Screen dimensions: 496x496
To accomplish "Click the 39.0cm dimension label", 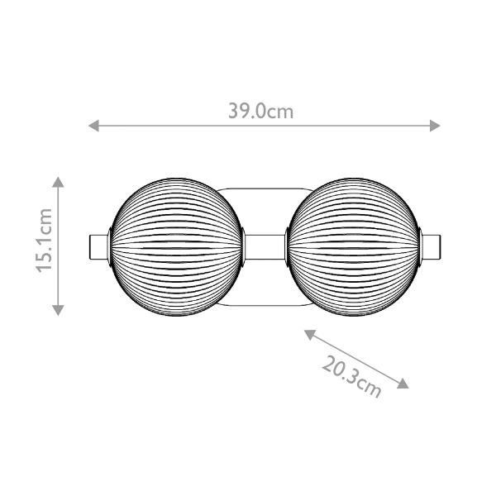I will tap(260, 111).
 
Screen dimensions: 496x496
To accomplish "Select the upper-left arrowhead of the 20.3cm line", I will tap(308, 333).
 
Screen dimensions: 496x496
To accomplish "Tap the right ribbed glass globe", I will tap(354, 246).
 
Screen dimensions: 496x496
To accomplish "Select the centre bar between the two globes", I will tap(264, 246).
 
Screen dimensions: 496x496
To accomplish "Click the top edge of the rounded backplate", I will tap(264, 188).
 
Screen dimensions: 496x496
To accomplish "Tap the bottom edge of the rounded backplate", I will tap(264, 304).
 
